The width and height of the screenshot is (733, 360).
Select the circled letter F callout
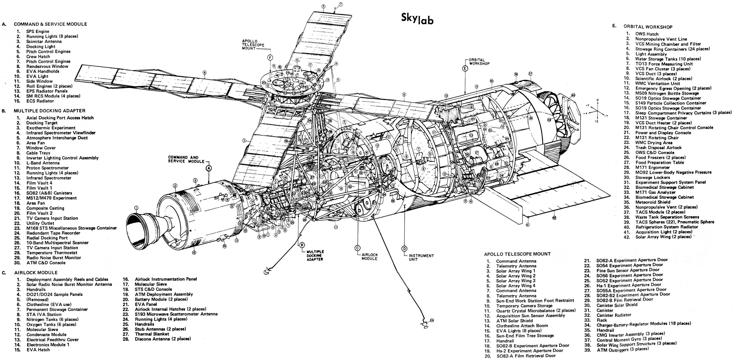(270, 58)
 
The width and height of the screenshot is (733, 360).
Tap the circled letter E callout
(465, 68)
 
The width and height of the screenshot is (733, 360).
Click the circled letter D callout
(404, 249)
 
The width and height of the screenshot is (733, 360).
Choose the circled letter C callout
(358, 248)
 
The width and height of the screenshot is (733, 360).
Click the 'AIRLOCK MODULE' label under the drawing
(369, 257)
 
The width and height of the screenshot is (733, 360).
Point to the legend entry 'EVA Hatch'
(38, 349)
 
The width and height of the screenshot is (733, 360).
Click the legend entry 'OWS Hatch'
(647, 34)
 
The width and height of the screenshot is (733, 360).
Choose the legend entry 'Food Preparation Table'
(660, 162)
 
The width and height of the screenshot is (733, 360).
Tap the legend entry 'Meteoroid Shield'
(653, 202)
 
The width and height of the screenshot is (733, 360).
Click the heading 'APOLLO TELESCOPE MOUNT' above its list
(517, 254)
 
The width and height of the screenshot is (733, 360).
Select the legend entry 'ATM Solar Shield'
(514, 320)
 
